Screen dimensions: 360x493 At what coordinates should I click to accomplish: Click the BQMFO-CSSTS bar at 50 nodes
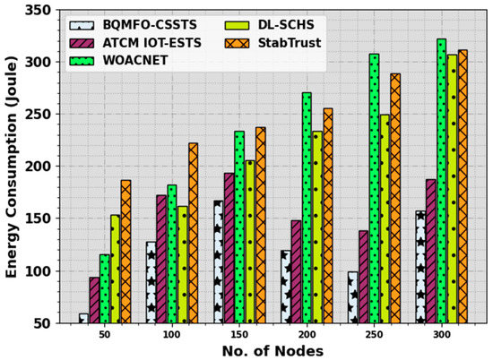coord(83,318)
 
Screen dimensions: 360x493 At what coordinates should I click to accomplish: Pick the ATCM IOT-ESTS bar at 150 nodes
coord(229,248)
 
